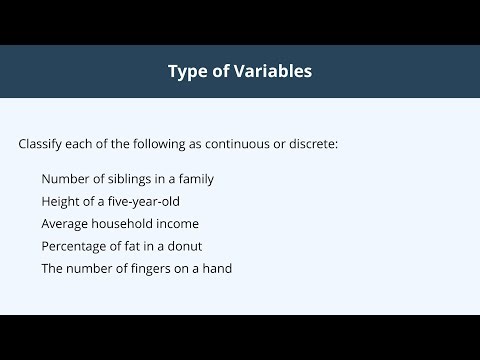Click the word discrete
tap(311, 144)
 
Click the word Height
tap(61, 201)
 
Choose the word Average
tap(66, 224)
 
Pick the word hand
tap(218, 268)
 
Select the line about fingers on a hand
tap(137, 268)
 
